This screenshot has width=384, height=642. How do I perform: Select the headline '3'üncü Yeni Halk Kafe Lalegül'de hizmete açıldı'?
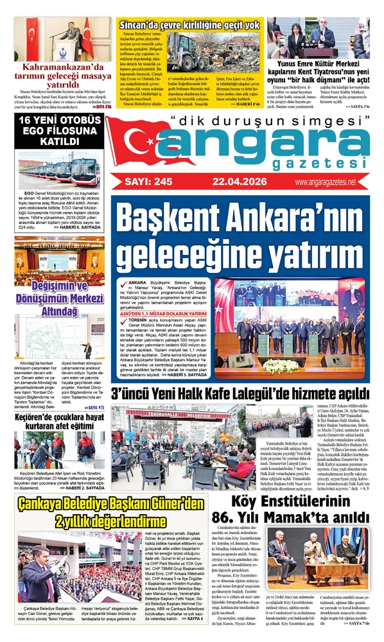click(x=240, y=393)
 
